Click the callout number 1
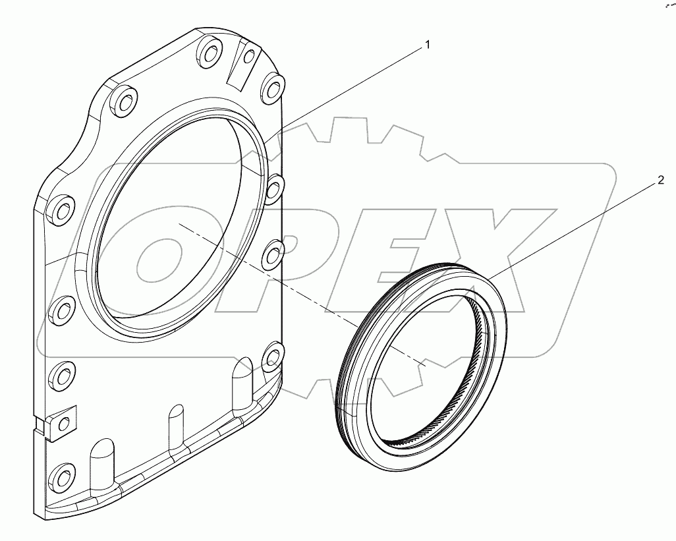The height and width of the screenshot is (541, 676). [427, 45]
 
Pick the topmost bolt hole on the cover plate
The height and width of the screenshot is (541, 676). [210, 51]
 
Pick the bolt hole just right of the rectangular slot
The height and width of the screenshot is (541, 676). [272, 84]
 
